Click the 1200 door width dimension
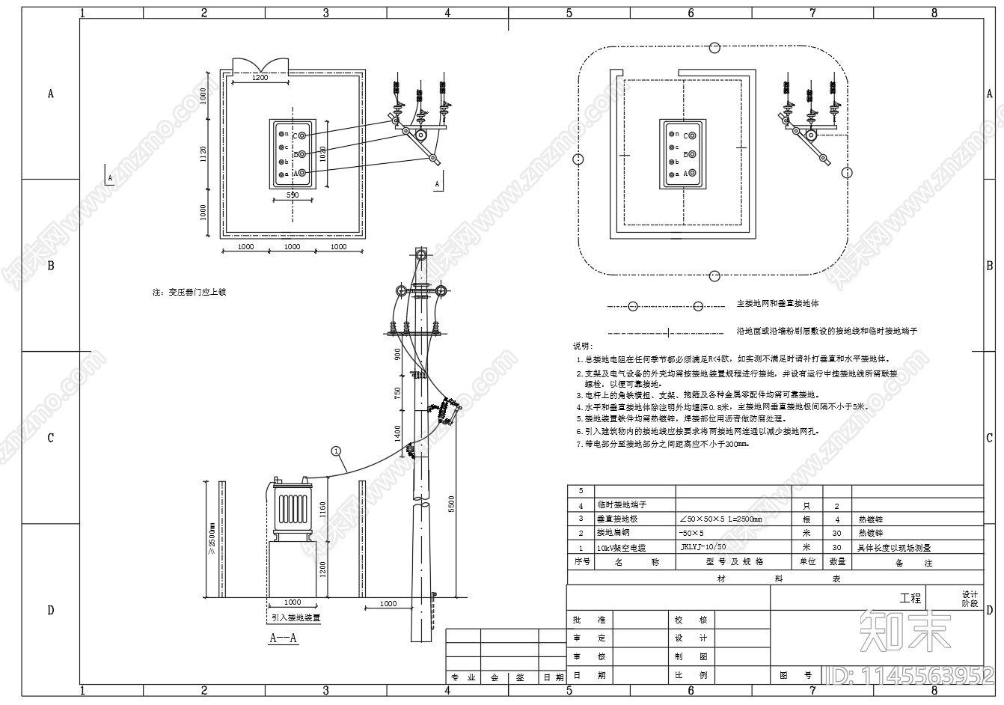(x=260, y=77)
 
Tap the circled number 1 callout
(x=337, y=451)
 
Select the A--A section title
(x=284, y=638)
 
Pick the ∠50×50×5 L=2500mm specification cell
(x=720, y=519)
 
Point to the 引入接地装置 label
(x=296, y=618)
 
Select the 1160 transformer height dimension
(x=323, y=510)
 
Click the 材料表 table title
(x=776, y=579)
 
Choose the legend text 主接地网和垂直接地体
(x=777, y=304)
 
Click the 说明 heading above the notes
(x=581, y=347)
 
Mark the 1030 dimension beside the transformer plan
(x=322, y=153)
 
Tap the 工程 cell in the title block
(x=910, y=598)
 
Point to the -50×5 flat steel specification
(x=691, y=533)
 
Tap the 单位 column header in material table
(x=807, y=561)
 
